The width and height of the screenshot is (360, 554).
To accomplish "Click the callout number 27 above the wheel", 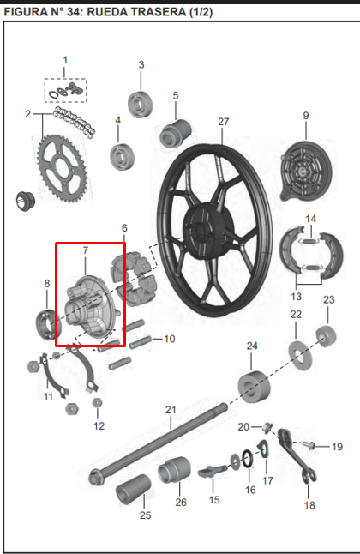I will click(224, 122).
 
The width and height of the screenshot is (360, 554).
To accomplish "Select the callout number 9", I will click(305, 115).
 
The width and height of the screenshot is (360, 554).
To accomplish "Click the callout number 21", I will click(171, 409).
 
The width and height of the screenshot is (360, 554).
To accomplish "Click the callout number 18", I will click(309, 505).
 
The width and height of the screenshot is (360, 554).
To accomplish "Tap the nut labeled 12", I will click(98, 402).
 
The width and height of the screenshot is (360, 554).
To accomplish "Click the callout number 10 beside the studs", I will click(169, 339).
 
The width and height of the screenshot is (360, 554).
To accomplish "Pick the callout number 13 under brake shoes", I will click(296, 297).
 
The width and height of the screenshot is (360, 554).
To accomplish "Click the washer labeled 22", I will click(297, 352).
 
